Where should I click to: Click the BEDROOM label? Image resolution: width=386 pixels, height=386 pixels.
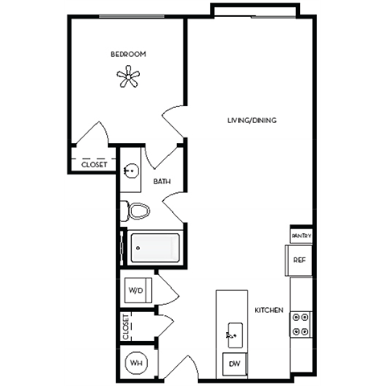(x=127, y=55)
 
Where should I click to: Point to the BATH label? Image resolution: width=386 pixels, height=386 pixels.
(x=162, y=183)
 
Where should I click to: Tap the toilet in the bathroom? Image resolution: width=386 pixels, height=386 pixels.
(x=137, y=211)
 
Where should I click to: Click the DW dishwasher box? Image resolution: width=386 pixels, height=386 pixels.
(x=234, y=363)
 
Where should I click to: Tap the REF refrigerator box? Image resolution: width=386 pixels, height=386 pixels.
(x=298, y=260)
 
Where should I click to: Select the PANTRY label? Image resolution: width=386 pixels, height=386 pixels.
(x=301, y=235)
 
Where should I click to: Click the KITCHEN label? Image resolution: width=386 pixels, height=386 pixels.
(x=268, y=310)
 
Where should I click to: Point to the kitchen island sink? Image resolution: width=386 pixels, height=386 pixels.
(x=233, y=331)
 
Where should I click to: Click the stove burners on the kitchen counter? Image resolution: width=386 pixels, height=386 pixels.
(x=301, y=323)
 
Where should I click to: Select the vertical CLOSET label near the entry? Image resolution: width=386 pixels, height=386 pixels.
(x=126, y=326)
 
